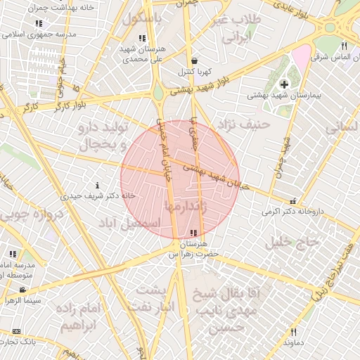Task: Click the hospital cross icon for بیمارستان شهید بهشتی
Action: (284, 84)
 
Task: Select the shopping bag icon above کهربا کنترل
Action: (193, 61)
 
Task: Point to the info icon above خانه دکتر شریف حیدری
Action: (97, 186)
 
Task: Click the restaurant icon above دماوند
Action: (293, 332)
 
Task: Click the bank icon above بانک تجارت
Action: (17, 331)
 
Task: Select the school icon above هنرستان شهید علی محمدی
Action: (142, 38)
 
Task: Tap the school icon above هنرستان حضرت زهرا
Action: (193, 233)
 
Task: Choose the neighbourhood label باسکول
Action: (142, 19)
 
